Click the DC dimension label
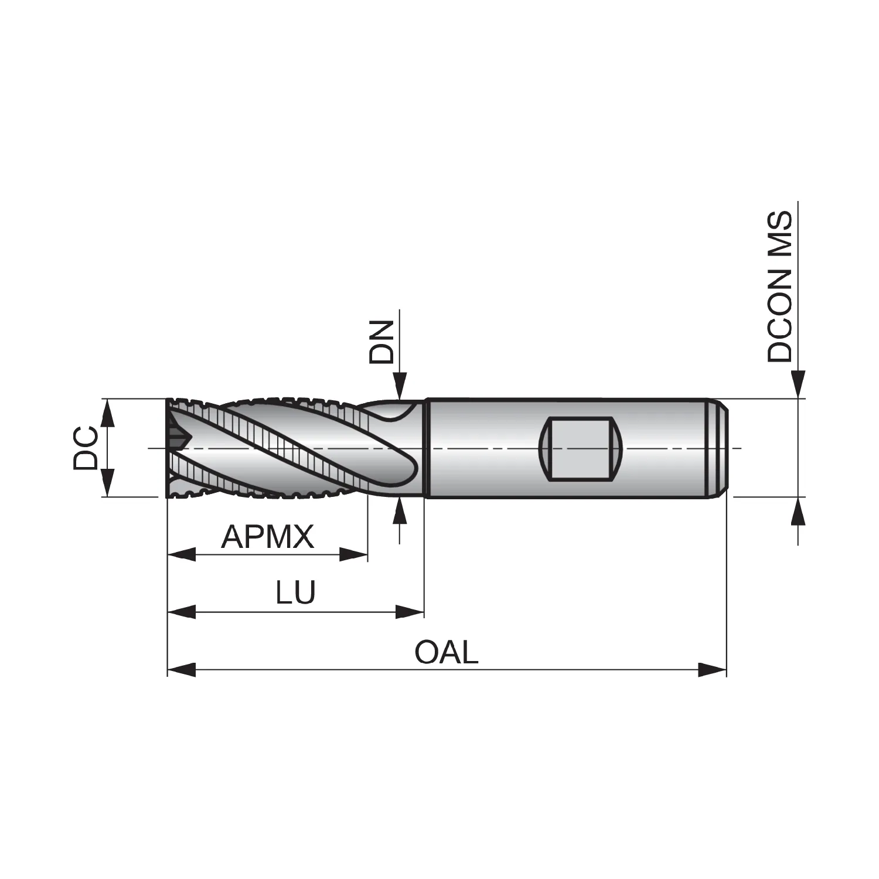point(86,448)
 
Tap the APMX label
point(268,536)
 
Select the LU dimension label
point(296,592)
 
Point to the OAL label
point(447,652)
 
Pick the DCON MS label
point(781,287)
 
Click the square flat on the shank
point(578,448)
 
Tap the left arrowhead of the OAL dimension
point(182,669)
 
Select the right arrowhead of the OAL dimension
point(712,669)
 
